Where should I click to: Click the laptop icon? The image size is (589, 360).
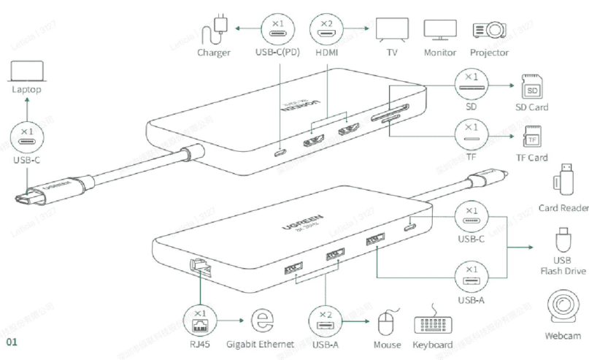pos(27,71)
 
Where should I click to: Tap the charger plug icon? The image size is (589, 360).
pos(216,28)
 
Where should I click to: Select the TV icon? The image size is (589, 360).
pos(390,29)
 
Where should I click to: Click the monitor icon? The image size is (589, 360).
pos(439,29)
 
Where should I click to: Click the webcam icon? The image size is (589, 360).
pos(563,307)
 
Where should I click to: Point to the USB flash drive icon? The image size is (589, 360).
pos(563,241)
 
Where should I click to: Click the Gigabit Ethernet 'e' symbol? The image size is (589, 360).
pos(261,321)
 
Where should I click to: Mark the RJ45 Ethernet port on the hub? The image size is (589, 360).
pos(199,267)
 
